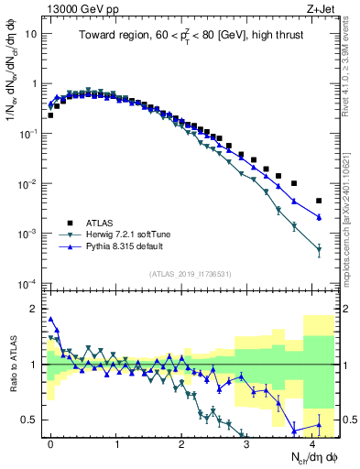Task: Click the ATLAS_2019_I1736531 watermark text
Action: (x=190, y=273)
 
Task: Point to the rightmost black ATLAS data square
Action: (x=319, y=201)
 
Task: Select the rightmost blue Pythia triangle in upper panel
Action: (x=319, y=217)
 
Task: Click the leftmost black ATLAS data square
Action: (x=50, y=115)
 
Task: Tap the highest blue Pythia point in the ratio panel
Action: (x=50, y=320)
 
